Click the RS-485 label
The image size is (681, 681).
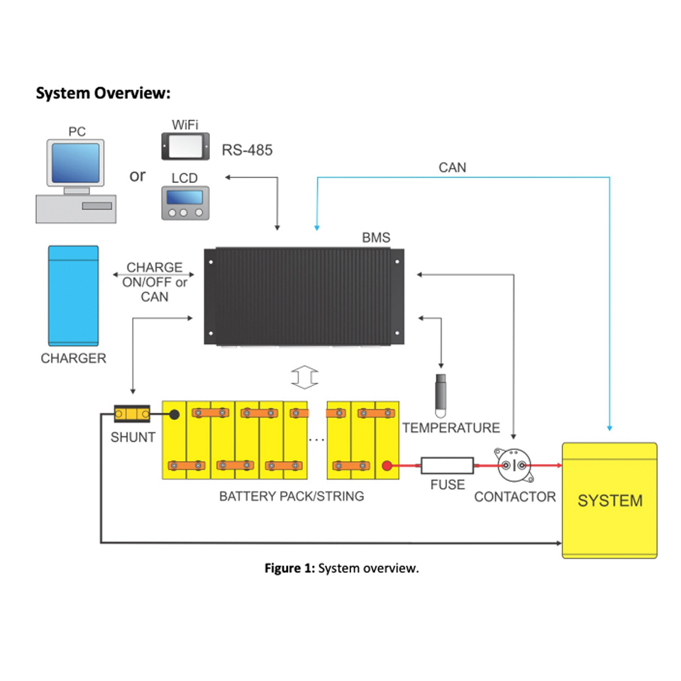pyautogui.click(x=247, y=150)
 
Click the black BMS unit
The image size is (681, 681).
pyautogui.click(x=304, y=297)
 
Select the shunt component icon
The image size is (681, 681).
pyautogui.click(x=132, y=414)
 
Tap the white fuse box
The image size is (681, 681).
pyautogui.click(x=447, y=465)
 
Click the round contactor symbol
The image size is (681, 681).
pyautogui.click(x=514, y=465)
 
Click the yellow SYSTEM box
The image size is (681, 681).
pyautogui.click(x=609, y=500)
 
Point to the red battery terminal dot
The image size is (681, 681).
pyautogui.click(x=387, y=466)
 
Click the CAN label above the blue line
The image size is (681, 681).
pyautogui.click(x=453, y=167)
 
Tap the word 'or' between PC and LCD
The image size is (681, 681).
pyautogui.click(x=137, y=175)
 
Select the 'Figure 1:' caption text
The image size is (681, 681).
pyautogui.click(x=289, y=568)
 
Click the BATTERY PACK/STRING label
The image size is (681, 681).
pyautogui.click(x=292, y=497)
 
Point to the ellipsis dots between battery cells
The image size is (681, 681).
pyautogui.click(x=316, y=441)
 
